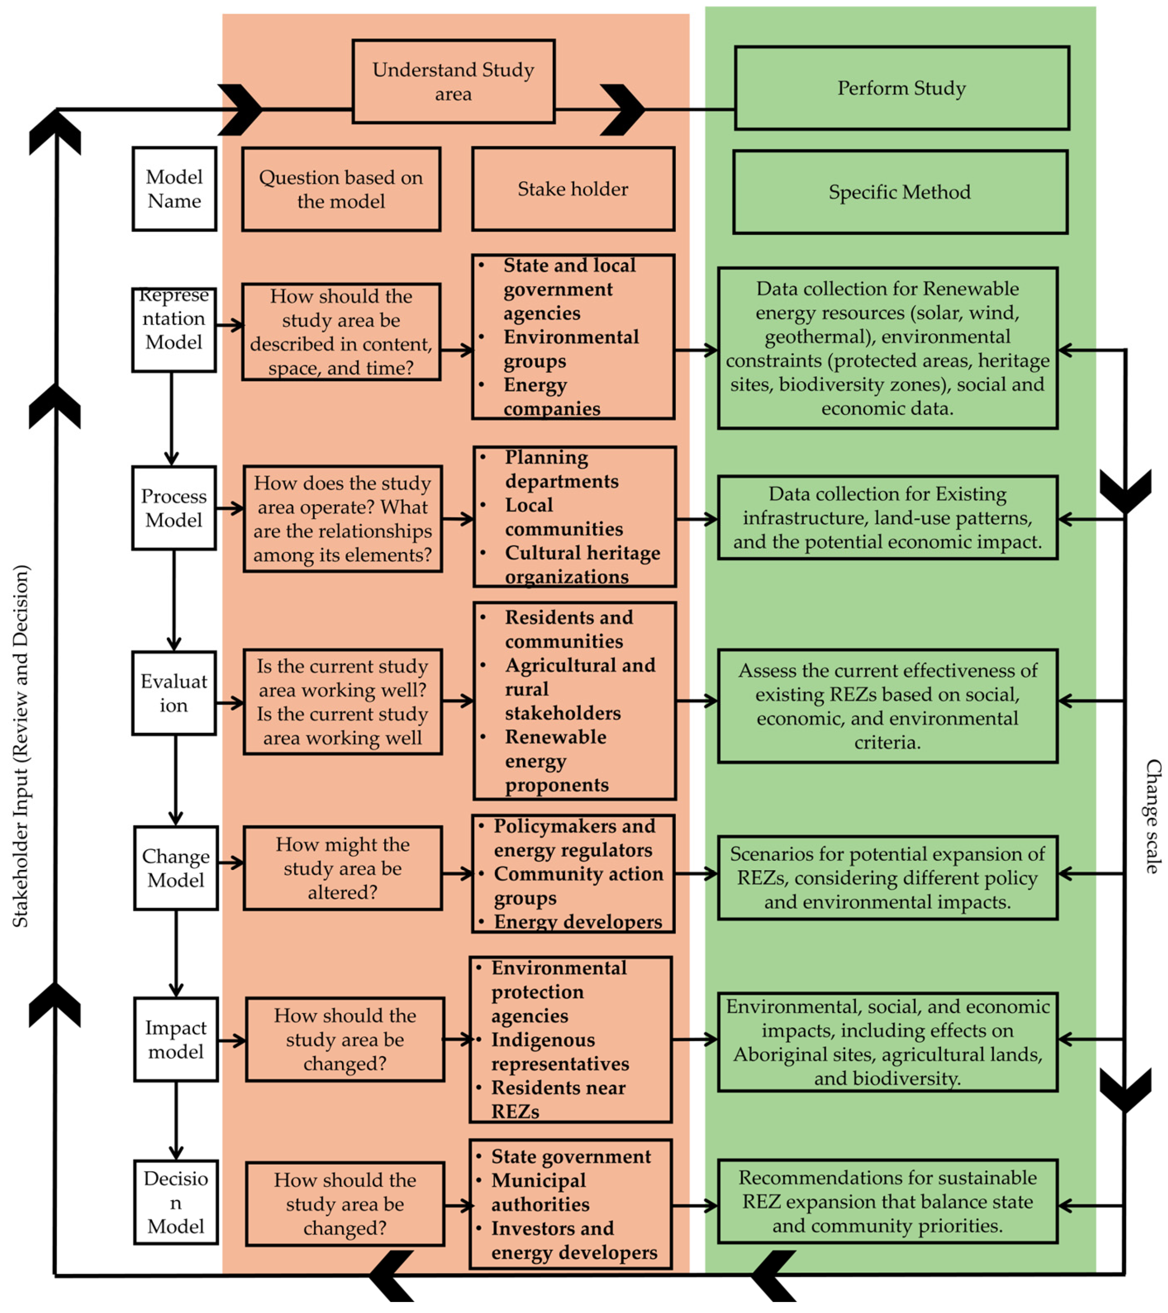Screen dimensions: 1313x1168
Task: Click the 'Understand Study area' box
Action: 453,82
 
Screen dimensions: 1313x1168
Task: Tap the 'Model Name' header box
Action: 174,189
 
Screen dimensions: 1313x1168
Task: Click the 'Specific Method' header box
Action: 899,192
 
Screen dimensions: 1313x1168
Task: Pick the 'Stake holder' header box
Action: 573,189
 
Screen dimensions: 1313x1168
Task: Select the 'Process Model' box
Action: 173,508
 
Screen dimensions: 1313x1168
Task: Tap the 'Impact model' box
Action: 175,1039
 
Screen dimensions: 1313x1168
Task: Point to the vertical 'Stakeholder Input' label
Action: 21,745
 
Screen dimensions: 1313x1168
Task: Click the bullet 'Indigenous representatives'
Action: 559,1052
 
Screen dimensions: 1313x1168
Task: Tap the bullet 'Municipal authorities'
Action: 540,1192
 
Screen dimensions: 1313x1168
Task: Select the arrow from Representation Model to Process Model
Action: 172,418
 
